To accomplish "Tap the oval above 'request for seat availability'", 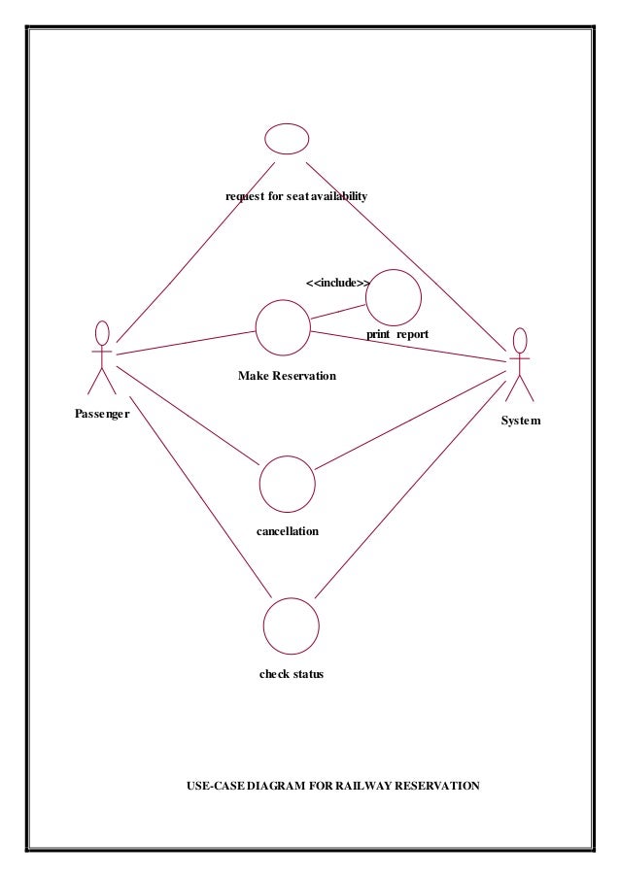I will (x=287, y=139).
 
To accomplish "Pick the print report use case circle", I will (x=394, y=297).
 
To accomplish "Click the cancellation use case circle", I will (x=288, y=484).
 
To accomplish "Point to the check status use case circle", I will (x=291, y=625).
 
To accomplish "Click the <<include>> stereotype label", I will (x=337, y=283).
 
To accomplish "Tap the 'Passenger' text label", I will (x=102, y=412).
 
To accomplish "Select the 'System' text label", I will (x=520, y=421).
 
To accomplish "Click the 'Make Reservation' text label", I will (x=287, y=376).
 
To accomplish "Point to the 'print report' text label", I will (x=397, y=334).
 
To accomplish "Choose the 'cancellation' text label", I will (x=288, y=531).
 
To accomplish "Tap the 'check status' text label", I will (x=291, y=674).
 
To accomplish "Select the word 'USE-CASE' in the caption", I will (x=215, y=785).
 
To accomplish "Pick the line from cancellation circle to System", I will (x=408, y=418).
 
